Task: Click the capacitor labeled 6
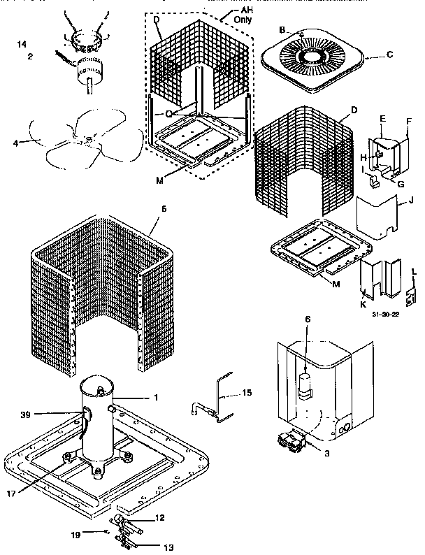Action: [x=305, y=384]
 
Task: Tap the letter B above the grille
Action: [x=282, y=30]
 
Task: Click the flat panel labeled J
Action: [x=378, y=217]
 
